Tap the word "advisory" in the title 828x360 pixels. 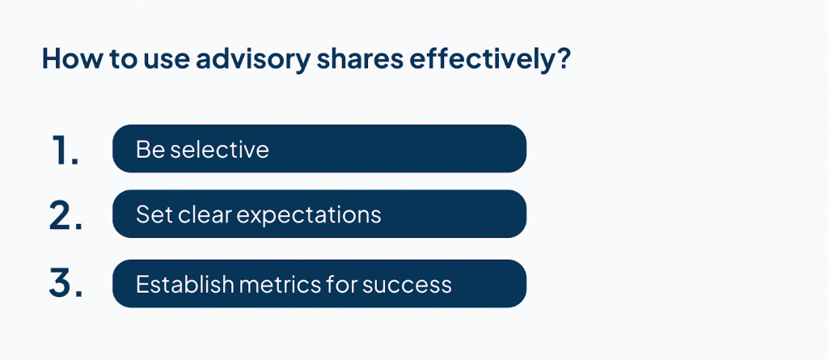[x=253, y=59]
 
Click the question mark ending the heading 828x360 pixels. [x=564, y=58]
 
